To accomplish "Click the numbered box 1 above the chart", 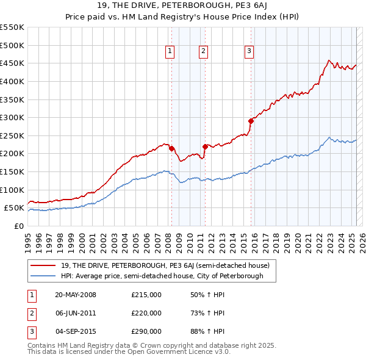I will [x=169, y=52].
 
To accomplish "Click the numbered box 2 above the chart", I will [x=203, y=52].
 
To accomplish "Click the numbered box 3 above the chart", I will [x=249, y=52].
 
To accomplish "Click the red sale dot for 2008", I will [x=171, y=148].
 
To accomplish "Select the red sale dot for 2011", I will [x=205, y=146].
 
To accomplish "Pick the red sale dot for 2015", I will [x=251, y=121].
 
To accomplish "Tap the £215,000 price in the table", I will [x=146, y=295].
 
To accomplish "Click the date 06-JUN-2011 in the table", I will [x=76, y=313].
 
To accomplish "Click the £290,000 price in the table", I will [x=146, y=331].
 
